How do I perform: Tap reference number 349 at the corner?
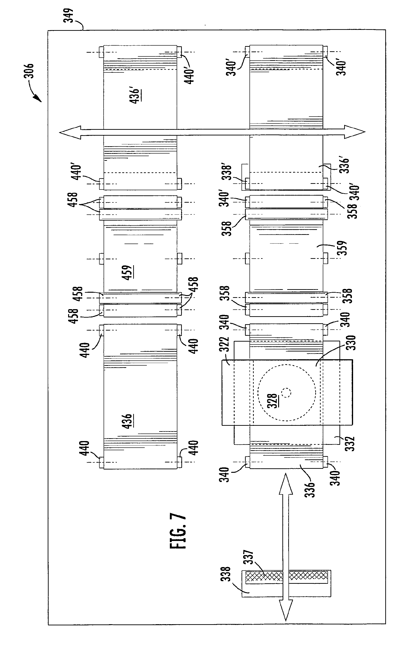pos(70,15)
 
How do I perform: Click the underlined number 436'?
pos(135,95)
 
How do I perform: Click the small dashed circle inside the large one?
pos(286,393)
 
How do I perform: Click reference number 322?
pos(226,344)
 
